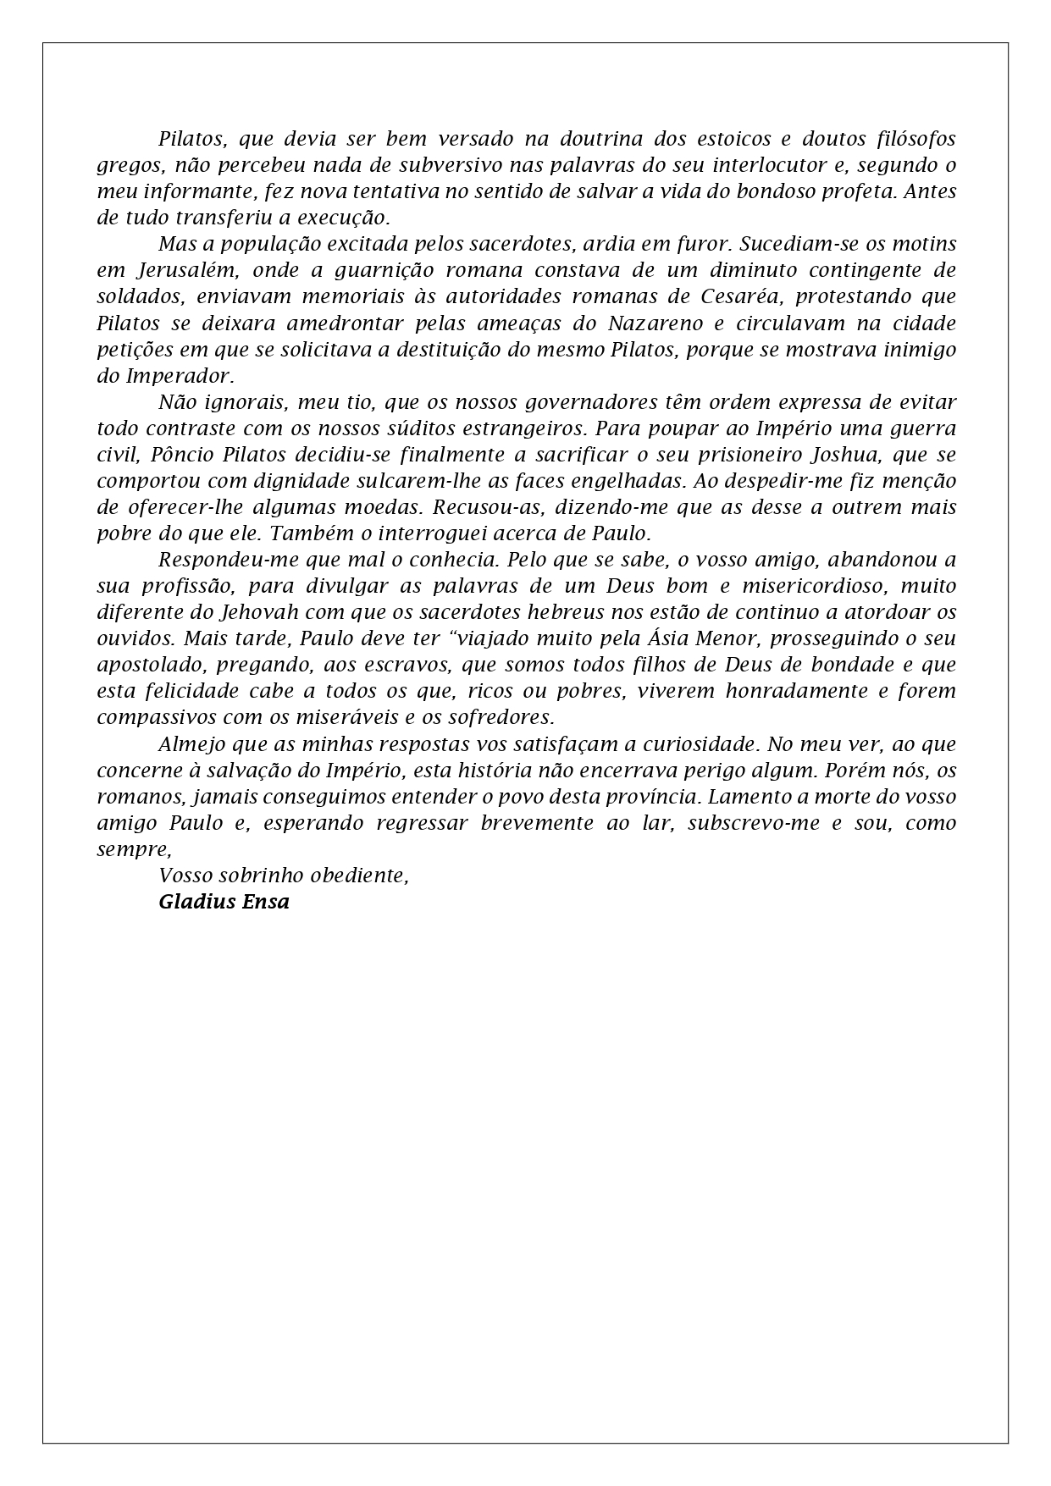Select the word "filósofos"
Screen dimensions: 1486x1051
point(913,138)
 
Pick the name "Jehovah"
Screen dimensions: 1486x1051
point(260,612)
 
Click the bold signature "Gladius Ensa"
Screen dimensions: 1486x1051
point(224,902)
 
